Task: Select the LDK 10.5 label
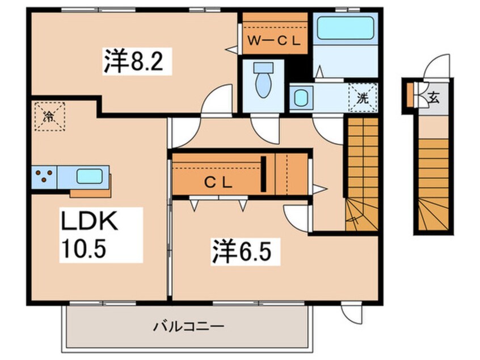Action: [91, 233]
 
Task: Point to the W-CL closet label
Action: [275, 40]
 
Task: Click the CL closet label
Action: [218, 182]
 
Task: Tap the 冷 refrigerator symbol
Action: [49, 116]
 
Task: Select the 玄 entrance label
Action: [433, 97]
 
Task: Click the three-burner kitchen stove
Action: [44, 176]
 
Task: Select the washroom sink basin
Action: [300, 98]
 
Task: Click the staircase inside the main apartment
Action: [361, 170]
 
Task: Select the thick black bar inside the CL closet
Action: [264, 173]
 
